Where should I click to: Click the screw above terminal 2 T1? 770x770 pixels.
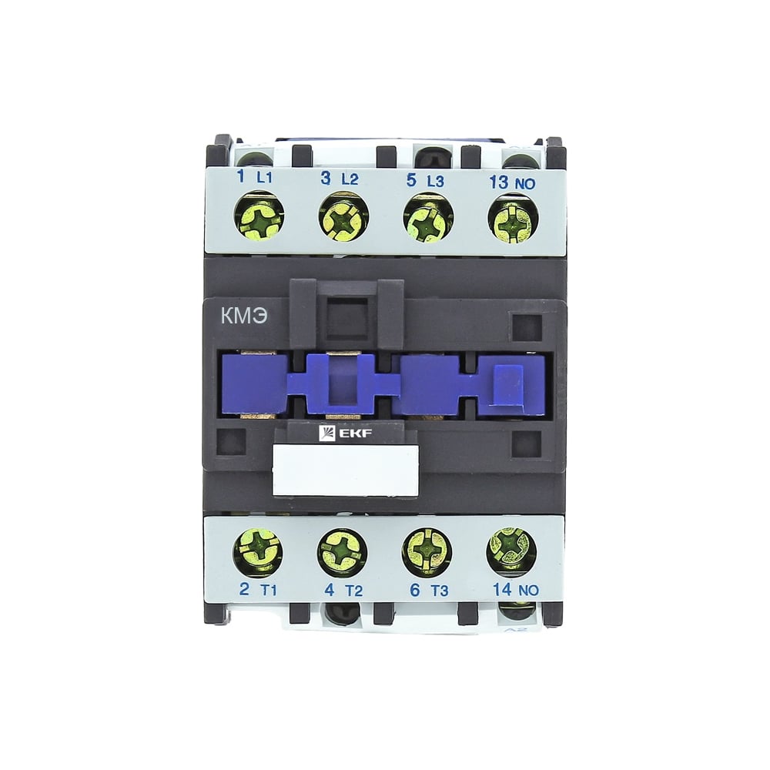(258, 551)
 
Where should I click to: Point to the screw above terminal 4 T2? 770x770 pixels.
(343, 553)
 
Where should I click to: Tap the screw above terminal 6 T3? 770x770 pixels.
(427, 552)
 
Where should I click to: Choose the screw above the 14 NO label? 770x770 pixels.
(511, 551)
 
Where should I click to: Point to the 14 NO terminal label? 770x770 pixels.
(513, 592)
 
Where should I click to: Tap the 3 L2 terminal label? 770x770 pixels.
(340, 179)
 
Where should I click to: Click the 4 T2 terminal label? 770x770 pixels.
(341, 592)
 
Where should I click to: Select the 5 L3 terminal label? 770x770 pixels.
(424, 180)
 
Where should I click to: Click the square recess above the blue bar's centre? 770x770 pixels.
(346, 317)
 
